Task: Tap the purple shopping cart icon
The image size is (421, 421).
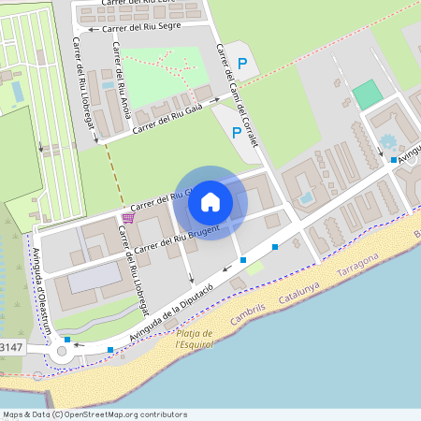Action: click(x=127, y=217)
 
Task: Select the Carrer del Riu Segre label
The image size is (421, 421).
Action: click(x=139, y=28)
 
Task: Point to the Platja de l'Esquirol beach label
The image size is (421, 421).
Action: click(x=195, y=338)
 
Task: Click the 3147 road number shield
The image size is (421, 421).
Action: click(x=11, y=347)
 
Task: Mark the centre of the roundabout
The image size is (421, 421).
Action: click(x=64, y=353)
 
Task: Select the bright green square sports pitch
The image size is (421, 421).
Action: click(x=368, y=95)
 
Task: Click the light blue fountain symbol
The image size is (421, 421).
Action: click(x=388, y=142)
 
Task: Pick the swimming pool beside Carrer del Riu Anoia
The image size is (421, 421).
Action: click(x=109, y=84)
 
